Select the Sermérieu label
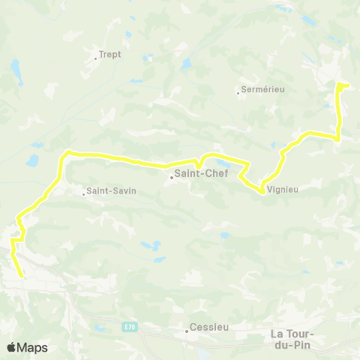click(263, 89)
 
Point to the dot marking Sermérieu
click(238, 93)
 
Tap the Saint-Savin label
click(111, 190)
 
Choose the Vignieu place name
click(283, 190)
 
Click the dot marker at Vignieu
click(262, 192)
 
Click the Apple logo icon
click(11, 347)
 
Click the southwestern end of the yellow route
click(22, 276)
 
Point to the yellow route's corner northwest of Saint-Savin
click(66, 152)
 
